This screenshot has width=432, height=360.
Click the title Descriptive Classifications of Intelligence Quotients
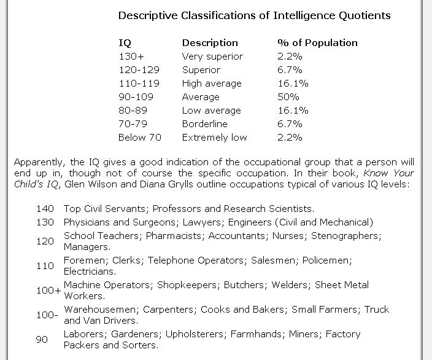[x=254, y=15]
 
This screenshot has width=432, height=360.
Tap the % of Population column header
[x=317, y=43]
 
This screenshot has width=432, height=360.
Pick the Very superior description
[x=212, y=57]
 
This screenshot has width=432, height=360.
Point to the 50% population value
[x=288, y=97]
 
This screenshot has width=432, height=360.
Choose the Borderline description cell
[x=204, y=124]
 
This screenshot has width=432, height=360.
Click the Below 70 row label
[x=140, y=138]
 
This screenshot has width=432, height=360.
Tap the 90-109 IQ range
[x=136, y=97]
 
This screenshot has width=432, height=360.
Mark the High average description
[x=212, y=84]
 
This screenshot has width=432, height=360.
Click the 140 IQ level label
[x=45, y=209]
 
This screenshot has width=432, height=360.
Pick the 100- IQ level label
[x=47, y=315]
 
